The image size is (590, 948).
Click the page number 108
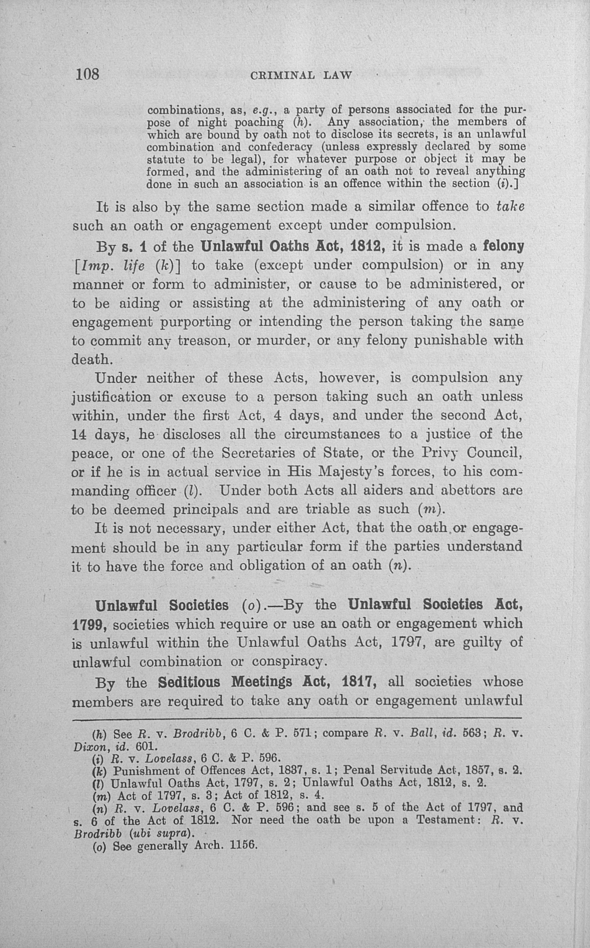pyautogui.click(x=88, y=74)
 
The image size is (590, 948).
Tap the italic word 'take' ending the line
pyautogui.click(x=510, y=206)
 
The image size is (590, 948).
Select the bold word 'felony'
pyautogui.click(x=503, y=246)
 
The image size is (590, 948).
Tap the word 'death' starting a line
pyautogui.click(x=90, y=359)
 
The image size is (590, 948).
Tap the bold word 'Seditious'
pyautogui.click(x=189, y=682)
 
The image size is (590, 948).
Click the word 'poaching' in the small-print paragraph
pyautogui.click(x=259, y=123)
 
